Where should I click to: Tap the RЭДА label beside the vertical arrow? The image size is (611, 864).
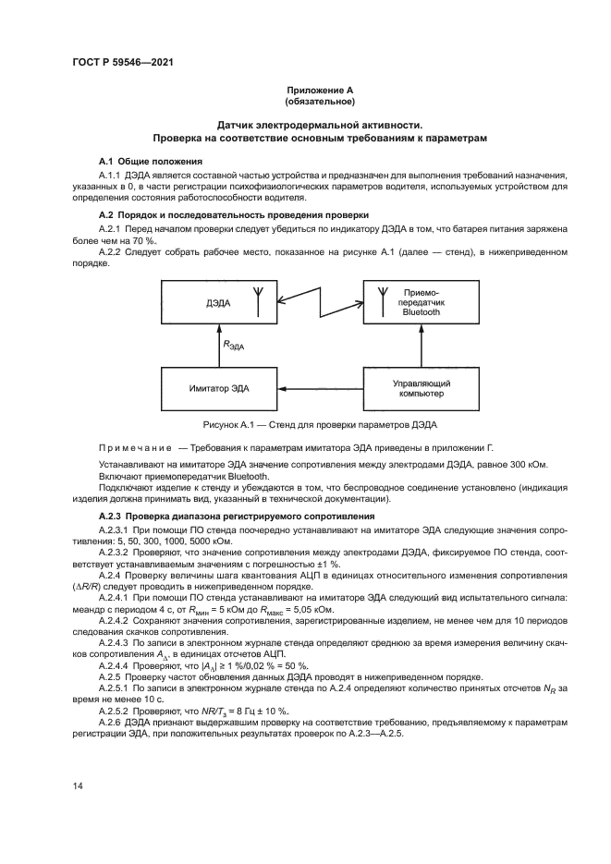235,345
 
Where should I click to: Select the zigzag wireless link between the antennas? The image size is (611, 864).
319,300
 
